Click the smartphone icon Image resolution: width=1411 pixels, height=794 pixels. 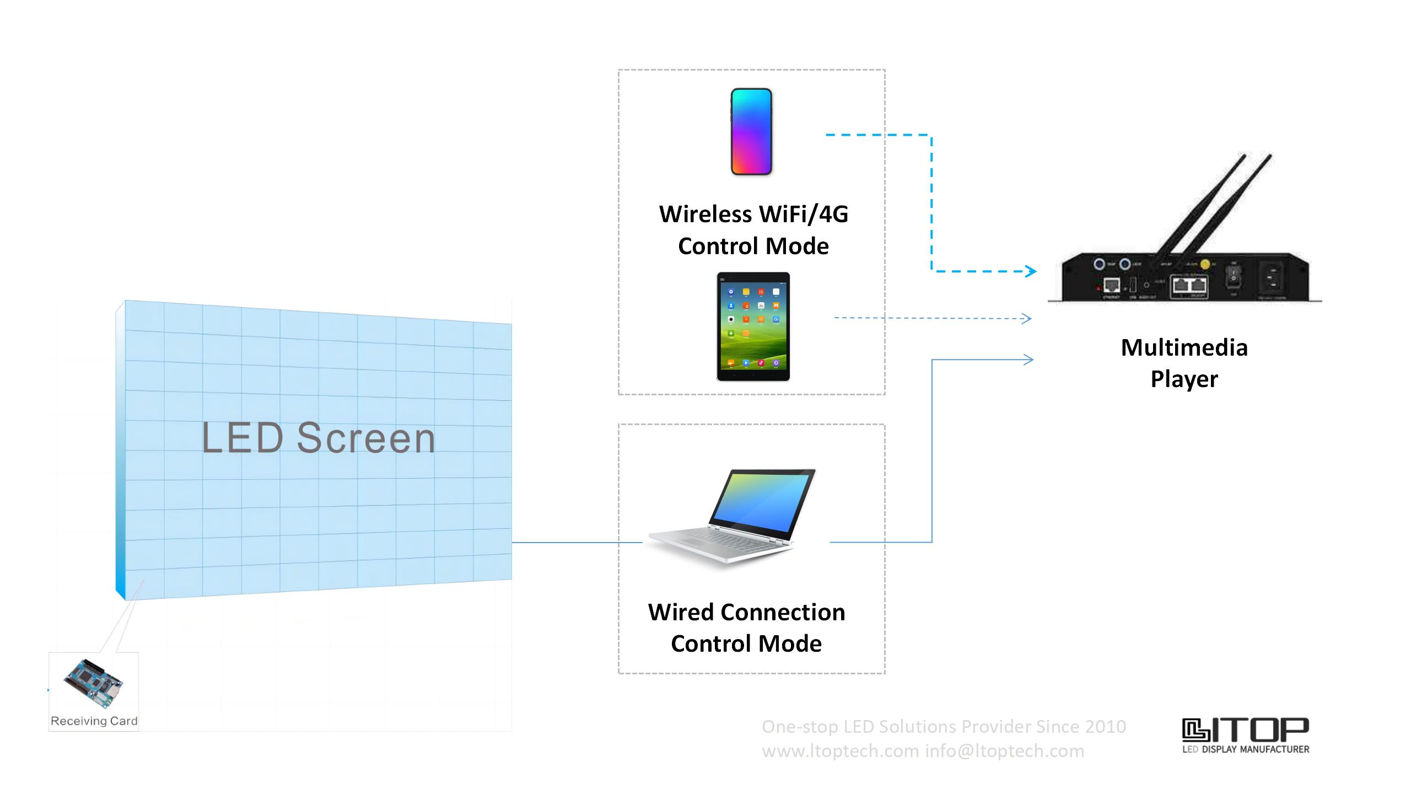(x=751, y=132)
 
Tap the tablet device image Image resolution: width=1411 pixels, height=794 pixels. (x=753, y=326)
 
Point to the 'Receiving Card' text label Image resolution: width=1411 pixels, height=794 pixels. (x=94, y=721)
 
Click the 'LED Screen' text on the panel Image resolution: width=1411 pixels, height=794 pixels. (x=319, y=438)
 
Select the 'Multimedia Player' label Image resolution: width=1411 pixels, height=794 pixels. (x=1184, y=363)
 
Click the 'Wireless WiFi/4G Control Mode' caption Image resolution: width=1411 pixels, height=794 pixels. (x=753, y=230)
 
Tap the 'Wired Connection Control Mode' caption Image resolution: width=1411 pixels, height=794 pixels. (x=746, y=627)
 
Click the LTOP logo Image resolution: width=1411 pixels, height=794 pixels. (x=1246, y=735)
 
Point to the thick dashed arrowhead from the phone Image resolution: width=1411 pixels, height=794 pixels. (x=1030, y=271)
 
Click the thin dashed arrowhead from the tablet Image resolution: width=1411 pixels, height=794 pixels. (x=1026, y=319)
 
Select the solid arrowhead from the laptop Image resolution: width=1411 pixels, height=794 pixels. (x=1028, y=360)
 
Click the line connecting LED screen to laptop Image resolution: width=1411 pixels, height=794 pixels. (x=577, y=543)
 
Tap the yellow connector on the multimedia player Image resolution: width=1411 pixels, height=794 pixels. (x=1205, y=265)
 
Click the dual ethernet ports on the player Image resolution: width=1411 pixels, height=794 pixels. (x=1189, y=286)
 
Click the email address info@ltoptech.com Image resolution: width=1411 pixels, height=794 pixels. (x=1004, y=751)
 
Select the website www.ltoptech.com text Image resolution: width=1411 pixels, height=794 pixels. (x=840, y=751)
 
